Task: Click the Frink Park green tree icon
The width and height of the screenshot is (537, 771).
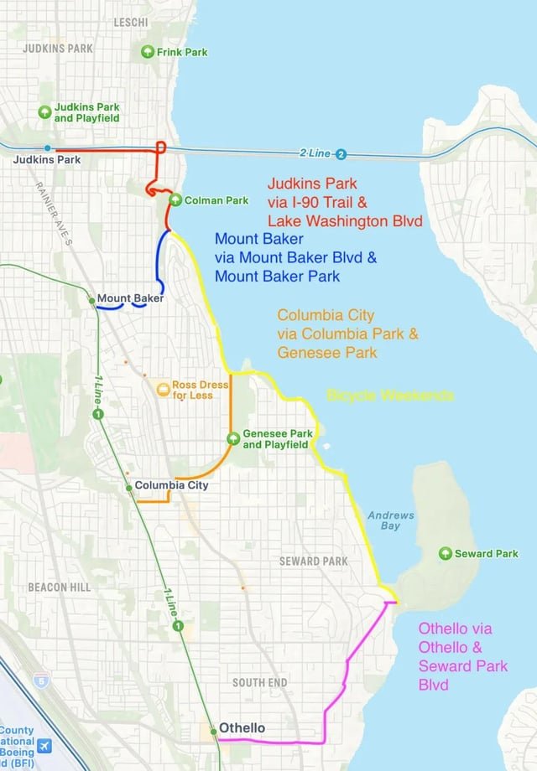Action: coord(148,52)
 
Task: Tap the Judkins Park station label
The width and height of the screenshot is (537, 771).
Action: coord(46,159)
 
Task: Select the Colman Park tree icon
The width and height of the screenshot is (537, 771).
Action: coord(175,199)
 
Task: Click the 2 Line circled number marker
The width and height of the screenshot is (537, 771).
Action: coord(341,154)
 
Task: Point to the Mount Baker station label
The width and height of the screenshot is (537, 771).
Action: coord(129,298)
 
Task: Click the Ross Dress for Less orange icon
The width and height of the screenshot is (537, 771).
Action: coord(164,389)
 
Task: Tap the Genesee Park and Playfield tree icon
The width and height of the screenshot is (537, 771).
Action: coord(234,438)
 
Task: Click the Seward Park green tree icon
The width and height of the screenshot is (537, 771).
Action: coord(446,553)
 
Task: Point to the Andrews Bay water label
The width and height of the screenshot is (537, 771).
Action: coord(390,520)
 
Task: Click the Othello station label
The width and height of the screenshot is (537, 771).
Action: coord(242,727)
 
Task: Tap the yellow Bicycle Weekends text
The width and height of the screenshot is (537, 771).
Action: coord(390,395)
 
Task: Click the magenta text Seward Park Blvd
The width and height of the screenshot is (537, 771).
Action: coord(463,675)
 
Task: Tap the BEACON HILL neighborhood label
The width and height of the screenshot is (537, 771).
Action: coord(59,587)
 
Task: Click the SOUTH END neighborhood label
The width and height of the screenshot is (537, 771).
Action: coord(259,683)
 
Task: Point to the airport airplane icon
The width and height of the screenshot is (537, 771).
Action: coord(44,746)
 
